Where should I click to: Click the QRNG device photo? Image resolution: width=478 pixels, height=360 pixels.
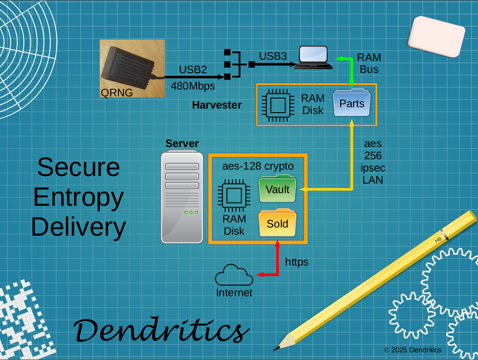[132, 68]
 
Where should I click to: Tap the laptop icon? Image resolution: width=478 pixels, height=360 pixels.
[314, 58]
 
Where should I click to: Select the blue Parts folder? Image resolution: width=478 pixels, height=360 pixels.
[351, 104]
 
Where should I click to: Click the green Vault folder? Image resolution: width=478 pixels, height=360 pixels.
[277, 189]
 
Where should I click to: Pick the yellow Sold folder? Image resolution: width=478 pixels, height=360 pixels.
[277, 223]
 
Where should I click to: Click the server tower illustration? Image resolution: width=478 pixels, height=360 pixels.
[182, 197]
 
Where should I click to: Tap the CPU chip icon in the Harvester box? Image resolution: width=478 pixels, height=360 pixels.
[277, 104]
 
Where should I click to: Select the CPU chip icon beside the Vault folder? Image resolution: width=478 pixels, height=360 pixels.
[234, 195]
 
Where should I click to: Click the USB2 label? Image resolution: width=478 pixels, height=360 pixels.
[192, 70]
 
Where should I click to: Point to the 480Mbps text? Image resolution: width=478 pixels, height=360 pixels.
[192, 85]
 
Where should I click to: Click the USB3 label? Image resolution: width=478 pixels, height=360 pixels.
[272, 56]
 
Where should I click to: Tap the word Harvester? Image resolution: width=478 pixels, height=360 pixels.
[217, 105]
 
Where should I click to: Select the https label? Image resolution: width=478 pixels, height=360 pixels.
[297, 262]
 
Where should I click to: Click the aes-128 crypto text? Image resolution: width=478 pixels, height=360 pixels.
[258, 166]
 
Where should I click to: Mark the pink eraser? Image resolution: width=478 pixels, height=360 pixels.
[436, 37]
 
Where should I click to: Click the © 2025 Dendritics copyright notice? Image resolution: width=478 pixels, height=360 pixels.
[412, 350]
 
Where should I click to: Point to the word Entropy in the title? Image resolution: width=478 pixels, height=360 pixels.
[78, 197]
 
